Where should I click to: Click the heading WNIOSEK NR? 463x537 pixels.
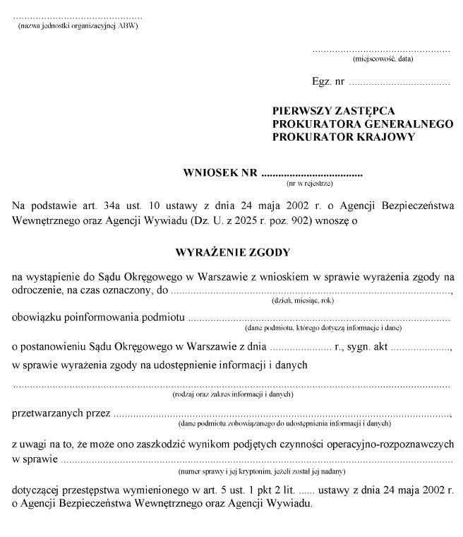pos(220,172)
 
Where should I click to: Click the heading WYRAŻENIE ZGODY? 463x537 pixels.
pos(232,251)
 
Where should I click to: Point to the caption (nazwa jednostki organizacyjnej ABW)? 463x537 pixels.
pos(78,25)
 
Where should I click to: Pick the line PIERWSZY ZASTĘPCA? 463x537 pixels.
pos(333,111)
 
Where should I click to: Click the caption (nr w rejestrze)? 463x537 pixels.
pos(311,184)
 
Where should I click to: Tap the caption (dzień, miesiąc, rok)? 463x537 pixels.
pos(303,300)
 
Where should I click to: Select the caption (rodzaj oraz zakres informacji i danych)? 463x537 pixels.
pos(232,394)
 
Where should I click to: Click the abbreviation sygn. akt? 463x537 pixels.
pos(369,346)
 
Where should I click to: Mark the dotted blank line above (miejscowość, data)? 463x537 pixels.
pos(381,51)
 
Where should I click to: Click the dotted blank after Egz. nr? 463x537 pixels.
pos(399,83)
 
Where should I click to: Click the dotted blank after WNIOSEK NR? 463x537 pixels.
pos(311,173)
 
